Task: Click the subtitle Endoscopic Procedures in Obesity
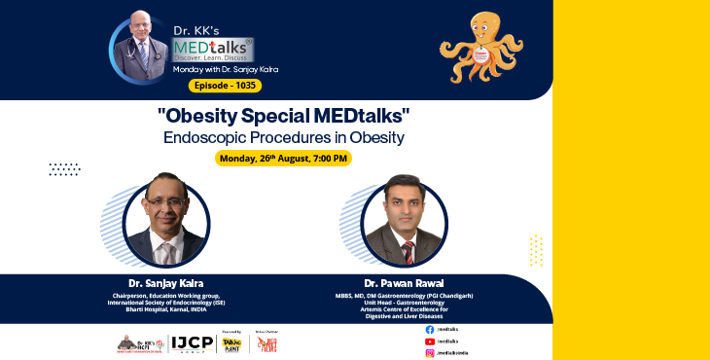point(283,137)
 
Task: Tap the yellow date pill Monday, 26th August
point(283,158)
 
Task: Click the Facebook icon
point(430,331)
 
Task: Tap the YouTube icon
point(430,342)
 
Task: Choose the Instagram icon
point(430,353)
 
